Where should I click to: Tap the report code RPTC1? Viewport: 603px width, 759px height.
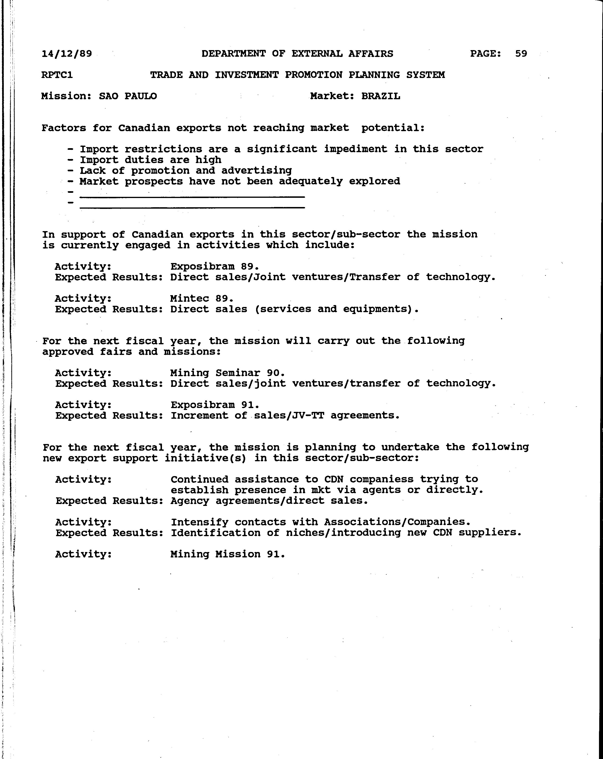click(x=57, y=75)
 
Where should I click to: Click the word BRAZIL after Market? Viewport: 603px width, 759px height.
click(x=380, y=96)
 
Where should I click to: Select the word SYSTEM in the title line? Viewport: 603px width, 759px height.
click(x=425, y=75)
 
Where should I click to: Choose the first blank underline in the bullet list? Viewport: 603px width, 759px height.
click(x=192, y=197)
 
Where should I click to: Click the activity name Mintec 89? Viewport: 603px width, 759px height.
click(x=201, y=298)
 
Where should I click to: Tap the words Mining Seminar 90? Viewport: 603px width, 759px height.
click(x=227, y=373)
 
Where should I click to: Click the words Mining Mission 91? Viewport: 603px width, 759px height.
click(x=227, y=554)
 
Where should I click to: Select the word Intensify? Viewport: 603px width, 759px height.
click(x=199, y=522)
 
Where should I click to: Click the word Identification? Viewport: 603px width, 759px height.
click(x=216, y=533)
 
